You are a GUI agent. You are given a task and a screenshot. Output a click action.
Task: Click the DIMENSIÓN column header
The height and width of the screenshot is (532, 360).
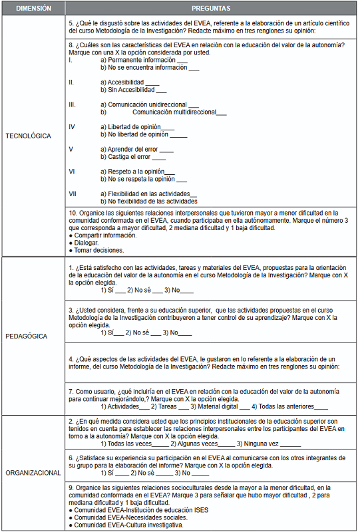pyautogui.click(x=33, y=9)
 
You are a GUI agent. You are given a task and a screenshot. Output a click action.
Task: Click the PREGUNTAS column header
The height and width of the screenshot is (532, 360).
pyautogui.click(x=211, y=9)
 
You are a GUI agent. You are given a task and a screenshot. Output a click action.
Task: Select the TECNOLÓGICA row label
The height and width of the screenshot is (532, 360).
pyautogui.click(x=28, y=136)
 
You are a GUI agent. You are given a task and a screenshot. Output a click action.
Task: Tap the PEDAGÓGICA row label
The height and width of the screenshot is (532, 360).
pyautogui.click(x=26, y=336)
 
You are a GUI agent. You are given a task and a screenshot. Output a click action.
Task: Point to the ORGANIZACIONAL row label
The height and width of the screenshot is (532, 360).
pyautogui.click(x=33, y=473)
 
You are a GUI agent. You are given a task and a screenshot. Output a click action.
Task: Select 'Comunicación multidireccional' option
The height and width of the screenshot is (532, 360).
pyautogui.click(x=174, y=112)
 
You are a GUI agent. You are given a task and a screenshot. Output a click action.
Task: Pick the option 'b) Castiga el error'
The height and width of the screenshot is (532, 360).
pyautogui.click(x=126, y=157)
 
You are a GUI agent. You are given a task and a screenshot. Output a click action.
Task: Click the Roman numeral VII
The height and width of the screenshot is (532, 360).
pyautogui.click(x=73, y=194)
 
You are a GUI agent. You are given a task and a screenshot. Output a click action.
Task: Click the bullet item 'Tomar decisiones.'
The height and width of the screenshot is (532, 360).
pyautogui.click(x=99, y=251)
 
